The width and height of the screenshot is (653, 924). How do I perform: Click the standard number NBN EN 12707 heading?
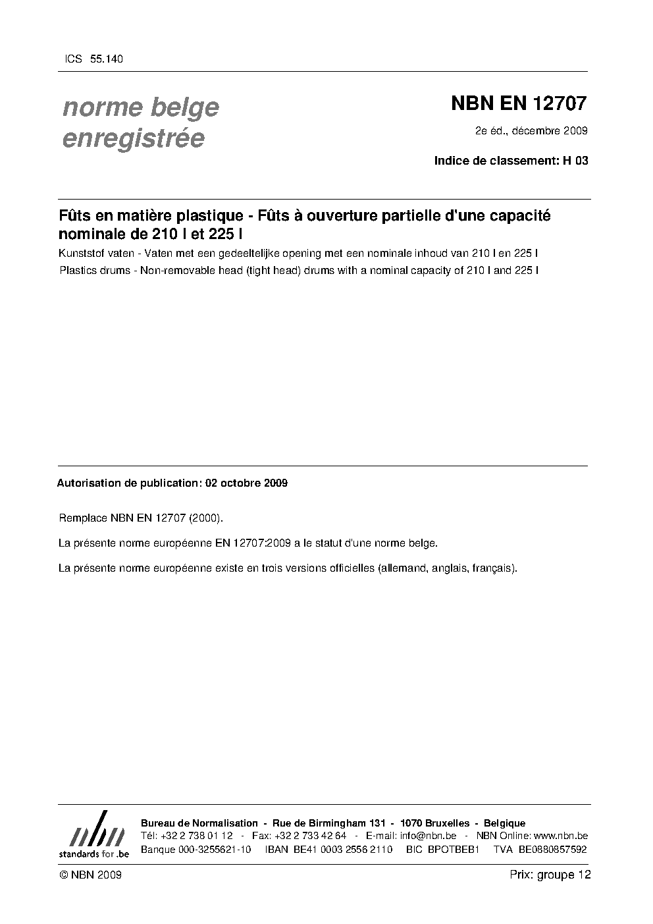click(518, 103)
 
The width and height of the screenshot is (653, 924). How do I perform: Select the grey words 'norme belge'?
click(140, 107)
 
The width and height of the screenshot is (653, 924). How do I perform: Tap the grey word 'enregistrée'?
click(133, 138)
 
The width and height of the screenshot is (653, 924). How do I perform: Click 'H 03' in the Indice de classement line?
click(575, 160)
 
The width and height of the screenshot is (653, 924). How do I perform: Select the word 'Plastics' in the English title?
click(76, 270)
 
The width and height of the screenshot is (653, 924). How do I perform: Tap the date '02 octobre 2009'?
click(246, 483)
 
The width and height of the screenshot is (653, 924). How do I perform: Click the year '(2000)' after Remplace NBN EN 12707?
click(206, 518)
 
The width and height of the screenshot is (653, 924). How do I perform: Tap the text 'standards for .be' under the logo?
click(93, 853)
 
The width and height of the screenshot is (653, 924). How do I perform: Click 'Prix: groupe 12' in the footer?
click(550, 875)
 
